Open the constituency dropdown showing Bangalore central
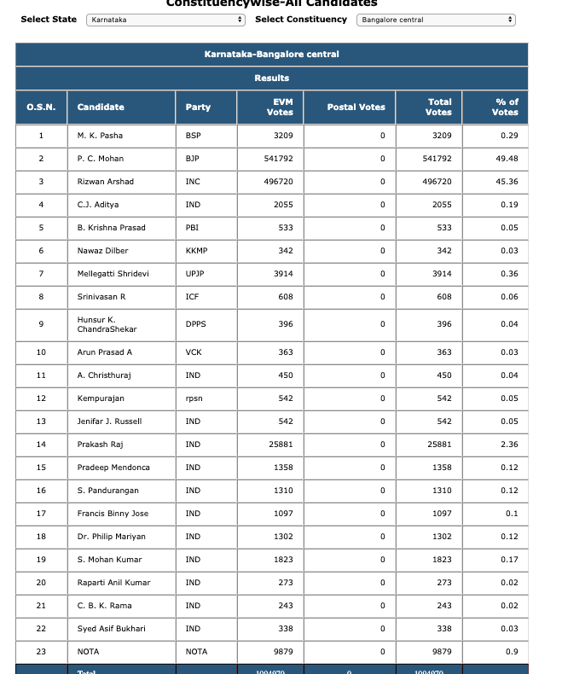point(435,20)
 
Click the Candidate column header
point(101,107)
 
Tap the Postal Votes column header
point(356,107)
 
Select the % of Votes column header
point(505,107)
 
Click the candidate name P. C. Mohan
point(101,159)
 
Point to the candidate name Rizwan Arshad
point(105,182)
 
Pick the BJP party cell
point(193,159)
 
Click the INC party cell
point(193,182)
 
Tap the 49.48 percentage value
point(507,159)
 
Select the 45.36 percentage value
point(507,182)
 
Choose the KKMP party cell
point(196,251)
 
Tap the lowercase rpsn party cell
point(194,398)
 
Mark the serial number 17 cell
point(41,514)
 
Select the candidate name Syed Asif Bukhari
point(111,629)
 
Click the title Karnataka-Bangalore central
point(271,55)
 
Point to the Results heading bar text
point(271,78)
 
